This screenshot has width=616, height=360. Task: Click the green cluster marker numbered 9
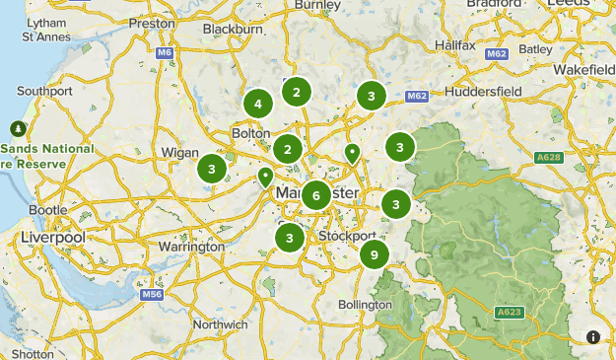tap(375, 254)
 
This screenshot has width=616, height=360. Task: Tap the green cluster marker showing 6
tap(315, 194)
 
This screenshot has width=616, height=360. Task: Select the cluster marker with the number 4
tap(257, 104)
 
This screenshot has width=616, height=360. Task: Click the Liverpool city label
tap(52, 239)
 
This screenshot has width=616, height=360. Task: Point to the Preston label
tap(152, 22)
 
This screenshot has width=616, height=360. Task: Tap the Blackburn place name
tap(233, 30)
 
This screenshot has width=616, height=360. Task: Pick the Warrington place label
tap(190, 247)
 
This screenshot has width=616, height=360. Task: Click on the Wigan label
tap(180, 153)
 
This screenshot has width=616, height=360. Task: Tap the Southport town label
tap(45, 91)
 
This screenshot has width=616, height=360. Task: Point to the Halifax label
tap(454, 45)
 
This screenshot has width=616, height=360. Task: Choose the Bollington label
tap(365, 305)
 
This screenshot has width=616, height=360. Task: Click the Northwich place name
tap(221, 324)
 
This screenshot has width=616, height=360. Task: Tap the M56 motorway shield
tap(150, 294)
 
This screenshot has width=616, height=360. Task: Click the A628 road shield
tap(548, 158)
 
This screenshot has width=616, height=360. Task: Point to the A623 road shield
tap(509, 313)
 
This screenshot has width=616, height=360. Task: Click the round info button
tap(593, 337)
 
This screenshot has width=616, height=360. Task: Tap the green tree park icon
tap(18, 128)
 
